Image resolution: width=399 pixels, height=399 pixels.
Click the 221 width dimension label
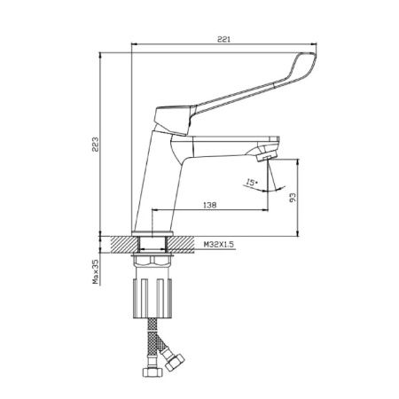[223, 39]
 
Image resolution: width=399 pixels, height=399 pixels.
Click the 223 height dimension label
[95, 145]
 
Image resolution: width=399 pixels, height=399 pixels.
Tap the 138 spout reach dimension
[210, 205]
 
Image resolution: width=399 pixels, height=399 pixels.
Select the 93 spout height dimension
[293, 198]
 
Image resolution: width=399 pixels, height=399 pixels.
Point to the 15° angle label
[252, 183]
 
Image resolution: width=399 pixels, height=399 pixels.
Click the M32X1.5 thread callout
[218, 244]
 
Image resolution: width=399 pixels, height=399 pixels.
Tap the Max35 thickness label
[95, 272]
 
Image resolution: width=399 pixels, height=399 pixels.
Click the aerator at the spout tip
[267, 156]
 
